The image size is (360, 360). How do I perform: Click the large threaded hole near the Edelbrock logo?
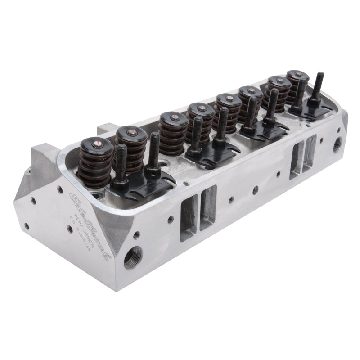click(133, 257)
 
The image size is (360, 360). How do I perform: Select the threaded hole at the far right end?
click(337, 145)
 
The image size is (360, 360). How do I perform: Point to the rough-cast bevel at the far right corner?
click(343, 121)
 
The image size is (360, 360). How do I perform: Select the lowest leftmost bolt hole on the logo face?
click(26, 226)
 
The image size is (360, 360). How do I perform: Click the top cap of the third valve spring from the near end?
click(173, 118)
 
